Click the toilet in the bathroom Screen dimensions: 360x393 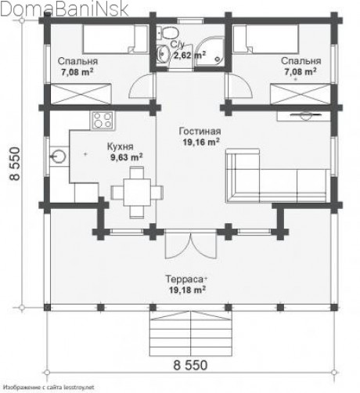(x=169, y=32)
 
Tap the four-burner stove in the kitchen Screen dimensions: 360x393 (x=103, y=120)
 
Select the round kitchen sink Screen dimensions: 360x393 (x=59, y=157)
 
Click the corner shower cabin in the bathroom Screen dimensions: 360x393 (x=210, y=50)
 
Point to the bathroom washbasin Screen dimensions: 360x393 (x=163, y=53)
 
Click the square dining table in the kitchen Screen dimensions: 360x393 (x=137, y=192)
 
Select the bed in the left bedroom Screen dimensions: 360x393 (x=115, y=39)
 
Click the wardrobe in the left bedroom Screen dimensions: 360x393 (x=81, y=94)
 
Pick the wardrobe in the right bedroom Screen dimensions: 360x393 (x=301, y=94)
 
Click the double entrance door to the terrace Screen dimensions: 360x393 (x=191, y=245)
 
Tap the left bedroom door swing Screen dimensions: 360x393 (x=141, y=86)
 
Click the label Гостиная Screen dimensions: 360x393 (x=200, y=132)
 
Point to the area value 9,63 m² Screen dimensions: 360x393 (x=127, y=157)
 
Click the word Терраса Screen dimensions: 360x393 (x=185, y=279)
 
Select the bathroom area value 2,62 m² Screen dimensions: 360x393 (x=189, y=55)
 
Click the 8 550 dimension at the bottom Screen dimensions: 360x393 (x=190, y=365)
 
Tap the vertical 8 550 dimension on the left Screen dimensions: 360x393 (x=15, y=164)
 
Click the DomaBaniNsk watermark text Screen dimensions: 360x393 (x=64, y=9)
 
